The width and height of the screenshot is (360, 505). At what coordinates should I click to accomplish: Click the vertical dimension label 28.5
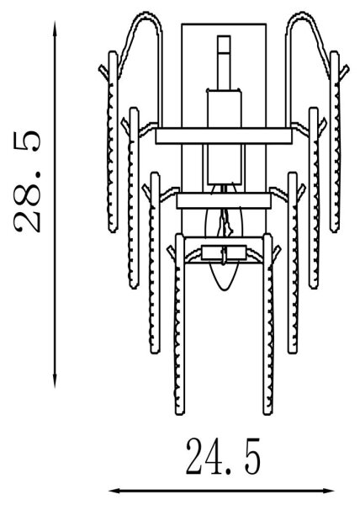[28, 181]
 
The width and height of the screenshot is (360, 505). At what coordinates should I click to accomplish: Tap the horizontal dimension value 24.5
[223, 456]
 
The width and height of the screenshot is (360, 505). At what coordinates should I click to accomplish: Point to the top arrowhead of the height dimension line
[56, 27]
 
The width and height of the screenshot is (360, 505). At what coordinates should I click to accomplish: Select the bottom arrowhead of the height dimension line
[55, 381]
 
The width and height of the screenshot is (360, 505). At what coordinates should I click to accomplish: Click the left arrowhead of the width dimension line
[115, 491]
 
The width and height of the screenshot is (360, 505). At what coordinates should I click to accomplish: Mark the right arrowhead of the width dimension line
[328, 491]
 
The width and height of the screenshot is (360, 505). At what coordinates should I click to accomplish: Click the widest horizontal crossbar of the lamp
[224, 136]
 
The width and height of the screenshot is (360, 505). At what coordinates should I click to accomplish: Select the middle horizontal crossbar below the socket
[224, 200]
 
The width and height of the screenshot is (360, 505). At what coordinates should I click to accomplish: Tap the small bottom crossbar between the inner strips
[224, 252]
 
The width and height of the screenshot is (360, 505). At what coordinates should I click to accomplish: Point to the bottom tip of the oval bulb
[225, 290]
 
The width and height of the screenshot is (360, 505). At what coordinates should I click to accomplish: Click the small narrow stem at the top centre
[224, 62]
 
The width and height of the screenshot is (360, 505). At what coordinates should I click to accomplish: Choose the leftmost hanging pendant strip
[113, 141]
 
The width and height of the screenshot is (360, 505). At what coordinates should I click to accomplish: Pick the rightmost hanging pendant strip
[335, 141]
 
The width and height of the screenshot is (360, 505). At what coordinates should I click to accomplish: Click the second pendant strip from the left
[134, 198]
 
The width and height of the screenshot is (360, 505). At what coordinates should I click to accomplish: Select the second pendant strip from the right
[314, 198]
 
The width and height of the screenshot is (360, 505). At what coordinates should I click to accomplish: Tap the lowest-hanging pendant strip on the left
[179, 324]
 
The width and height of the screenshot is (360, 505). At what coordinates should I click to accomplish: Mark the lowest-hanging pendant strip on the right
[268, 324]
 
